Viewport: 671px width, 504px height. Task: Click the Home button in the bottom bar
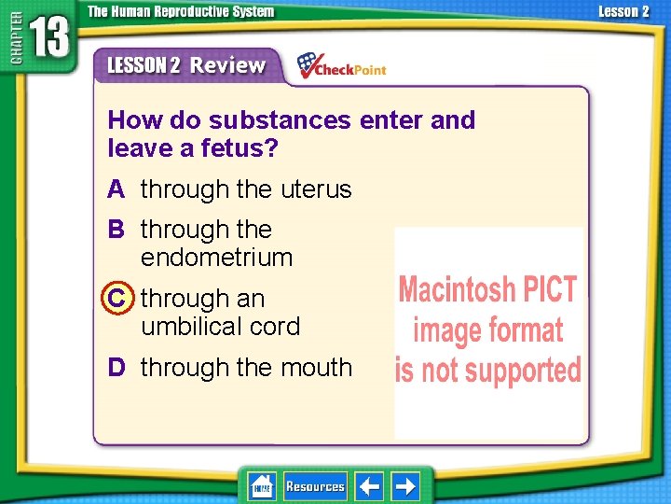(261, 486)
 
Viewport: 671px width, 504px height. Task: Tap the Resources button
(315, 486)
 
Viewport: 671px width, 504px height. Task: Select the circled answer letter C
(116, 299)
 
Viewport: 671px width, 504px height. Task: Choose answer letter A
(116, 189)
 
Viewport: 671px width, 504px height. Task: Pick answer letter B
(116, 230)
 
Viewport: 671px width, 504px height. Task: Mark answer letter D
(116, 368)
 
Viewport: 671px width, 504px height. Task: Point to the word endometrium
(216, 258)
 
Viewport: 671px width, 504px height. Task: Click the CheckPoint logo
(341, 65)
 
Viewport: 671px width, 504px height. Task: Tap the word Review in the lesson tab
(228, 65)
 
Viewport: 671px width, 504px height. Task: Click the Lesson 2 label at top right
(623, 11)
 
